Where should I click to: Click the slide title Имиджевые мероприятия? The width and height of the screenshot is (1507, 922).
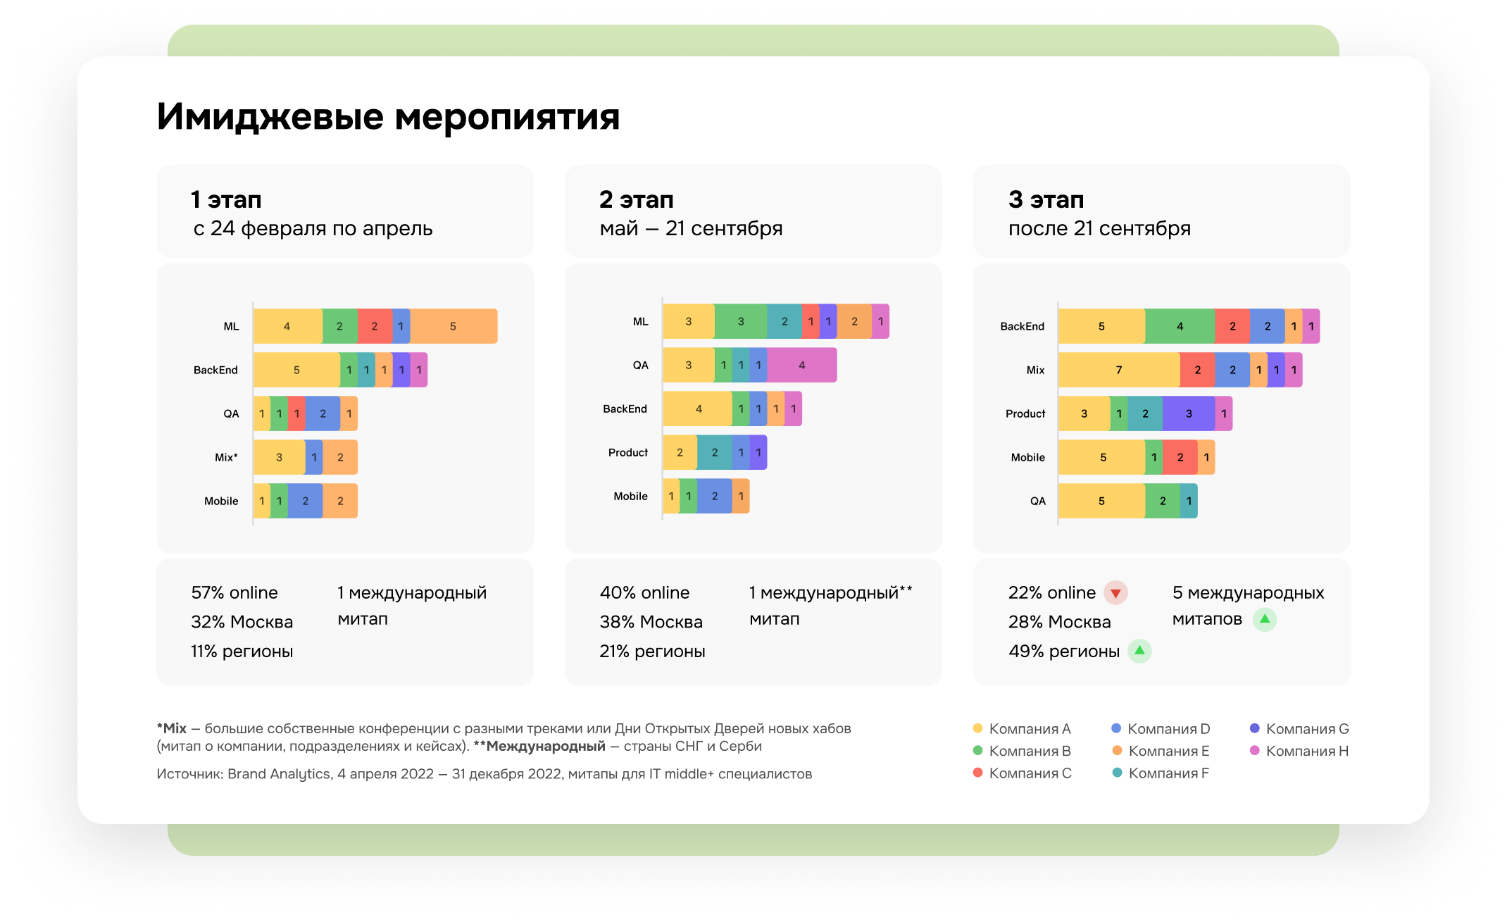[x=388, y=117]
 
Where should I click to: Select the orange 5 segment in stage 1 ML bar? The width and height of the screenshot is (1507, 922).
[x=454, y=326]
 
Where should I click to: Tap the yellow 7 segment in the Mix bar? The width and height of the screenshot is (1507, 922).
[x=1119, y=370]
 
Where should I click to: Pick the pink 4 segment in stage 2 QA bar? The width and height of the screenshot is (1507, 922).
[x=802, y=365]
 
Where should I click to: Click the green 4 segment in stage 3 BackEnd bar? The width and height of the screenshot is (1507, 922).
[x=1180, y=326]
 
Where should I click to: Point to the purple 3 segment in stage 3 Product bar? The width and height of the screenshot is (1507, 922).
[x=1189, y=413]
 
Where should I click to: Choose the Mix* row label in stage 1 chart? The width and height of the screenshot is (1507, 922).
[x=226, y=457]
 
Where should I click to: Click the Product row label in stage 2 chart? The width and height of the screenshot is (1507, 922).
[x=628, y=452]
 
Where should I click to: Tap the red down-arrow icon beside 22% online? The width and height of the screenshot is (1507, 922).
[x=1115, y=592]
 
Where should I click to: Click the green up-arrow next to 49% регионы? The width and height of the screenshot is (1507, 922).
[x=1139, y=651]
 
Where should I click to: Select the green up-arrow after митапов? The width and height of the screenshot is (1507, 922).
[x=1265, y=619]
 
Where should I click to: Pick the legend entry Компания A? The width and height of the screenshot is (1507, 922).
[x=1022, y=728]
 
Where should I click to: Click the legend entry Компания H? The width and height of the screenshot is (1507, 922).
[x=1299, y=751]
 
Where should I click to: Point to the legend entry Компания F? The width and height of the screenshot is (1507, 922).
[x=1161, y=773]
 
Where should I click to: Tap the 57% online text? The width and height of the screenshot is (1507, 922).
[x=235, y=592]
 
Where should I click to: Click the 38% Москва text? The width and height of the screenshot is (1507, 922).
[x=651, y=622]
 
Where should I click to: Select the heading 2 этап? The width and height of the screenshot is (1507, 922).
[x=637, y=199]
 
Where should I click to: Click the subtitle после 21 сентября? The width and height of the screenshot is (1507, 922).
[x=1099, y=228]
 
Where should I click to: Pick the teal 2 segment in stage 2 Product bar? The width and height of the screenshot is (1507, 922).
[x=715, y=452]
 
